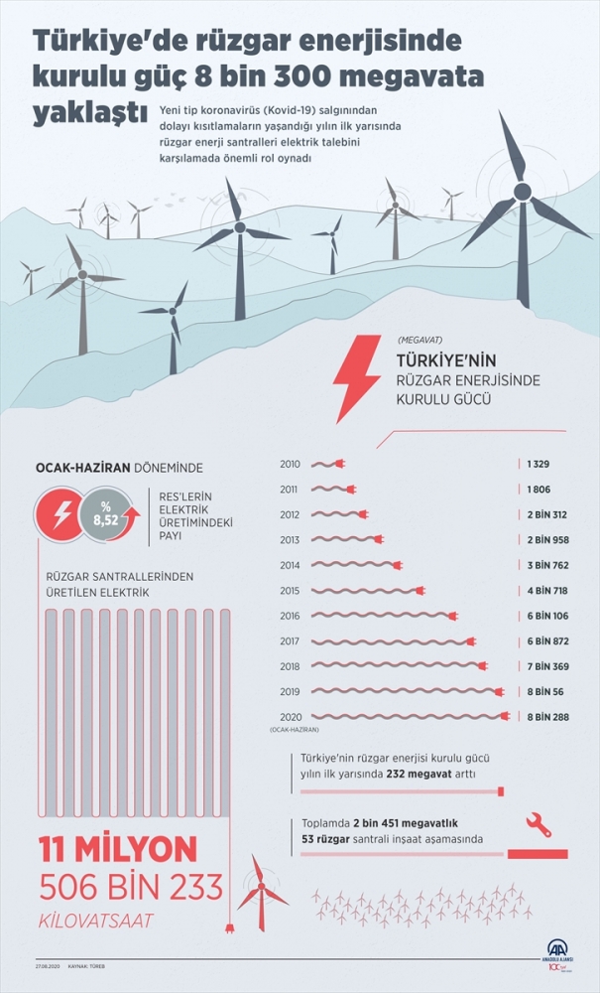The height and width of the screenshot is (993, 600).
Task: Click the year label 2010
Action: click(x=290, y=464)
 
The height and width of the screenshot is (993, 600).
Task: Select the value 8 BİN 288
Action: click(x=548, y=716)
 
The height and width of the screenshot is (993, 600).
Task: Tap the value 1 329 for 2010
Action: click(x=539, y=464)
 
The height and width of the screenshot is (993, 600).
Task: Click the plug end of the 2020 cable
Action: click(x=505, y=716)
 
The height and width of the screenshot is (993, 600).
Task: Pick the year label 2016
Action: click(x=290, y=616)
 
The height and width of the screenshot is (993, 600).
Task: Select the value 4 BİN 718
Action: click(x=548, y=590)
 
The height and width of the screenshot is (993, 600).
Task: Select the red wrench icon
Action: click(x=536, y=823)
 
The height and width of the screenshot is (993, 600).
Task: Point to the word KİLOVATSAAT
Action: click(x=97, y=921)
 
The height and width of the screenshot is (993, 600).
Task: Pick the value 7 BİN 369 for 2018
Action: click(x=548, y=665)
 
